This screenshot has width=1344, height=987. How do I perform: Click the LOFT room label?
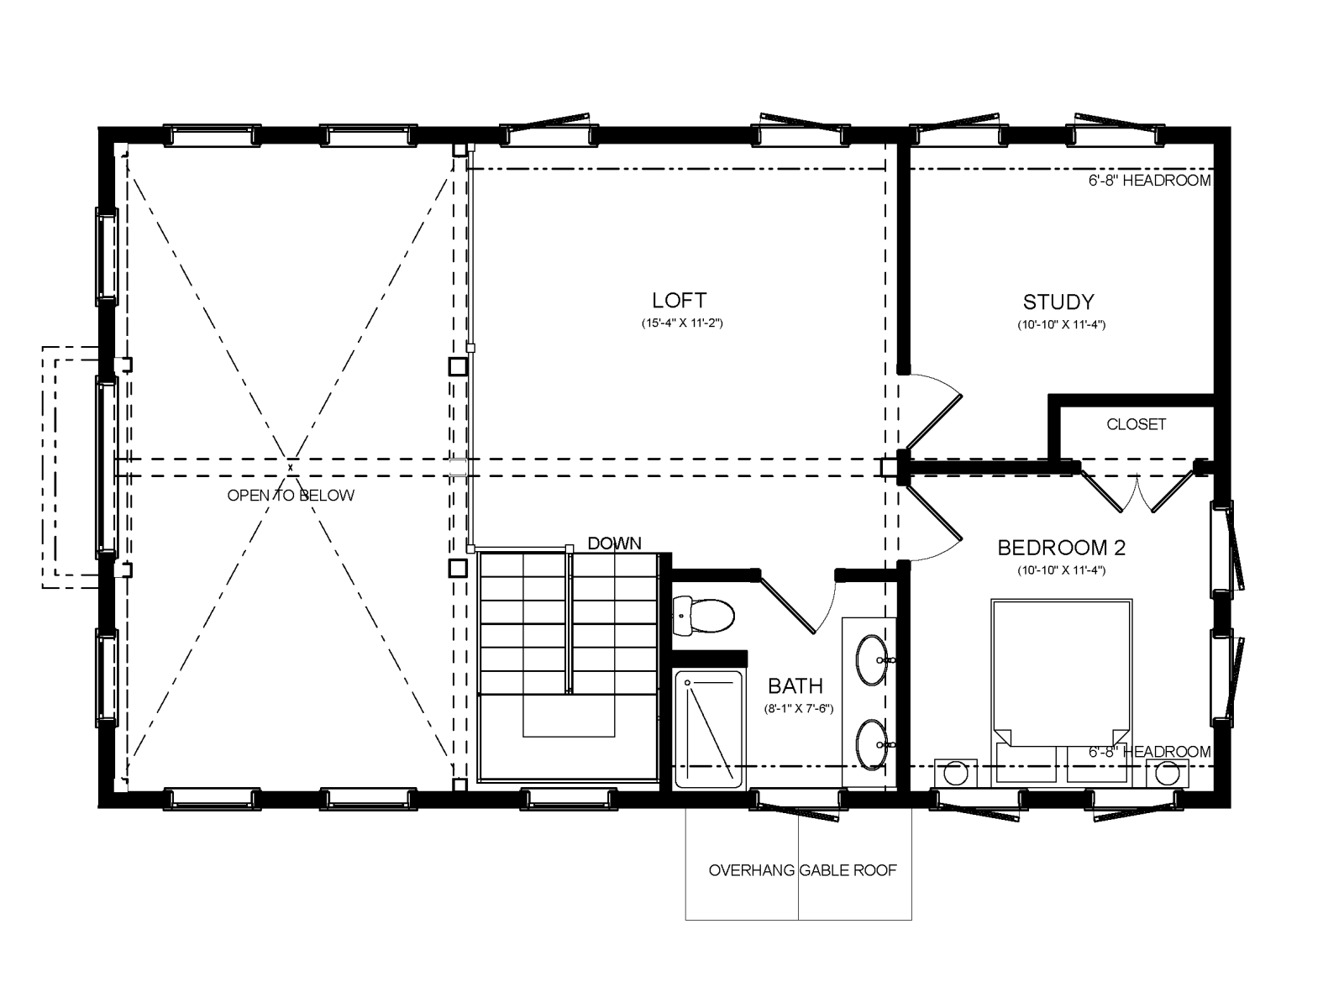pos(680,300)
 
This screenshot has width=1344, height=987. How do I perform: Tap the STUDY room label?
pos(1058,302)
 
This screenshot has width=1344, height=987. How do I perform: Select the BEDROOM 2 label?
pos(1062,548)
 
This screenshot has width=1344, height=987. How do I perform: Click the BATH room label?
pos(795,685)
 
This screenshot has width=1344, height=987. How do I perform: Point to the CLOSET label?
pos(1136,425)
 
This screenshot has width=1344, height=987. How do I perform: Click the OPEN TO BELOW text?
pos(291,496)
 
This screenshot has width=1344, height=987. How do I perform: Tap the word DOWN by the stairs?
pos(614,543)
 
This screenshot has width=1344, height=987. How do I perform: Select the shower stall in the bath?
pos(709,730)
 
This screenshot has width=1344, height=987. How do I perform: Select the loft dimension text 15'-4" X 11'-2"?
pos(682,323)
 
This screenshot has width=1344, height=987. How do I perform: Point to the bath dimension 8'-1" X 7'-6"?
pos(799,709)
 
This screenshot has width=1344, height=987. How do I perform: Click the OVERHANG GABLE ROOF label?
pos(803,870)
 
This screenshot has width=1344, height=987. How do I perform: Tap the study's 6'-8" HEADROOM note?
pos(1150,181)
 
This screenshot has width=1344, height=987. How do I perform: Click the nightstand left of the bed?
pos(956,773)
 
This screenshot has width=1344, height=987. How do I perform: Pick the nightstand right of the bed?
pos(1167,773)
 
